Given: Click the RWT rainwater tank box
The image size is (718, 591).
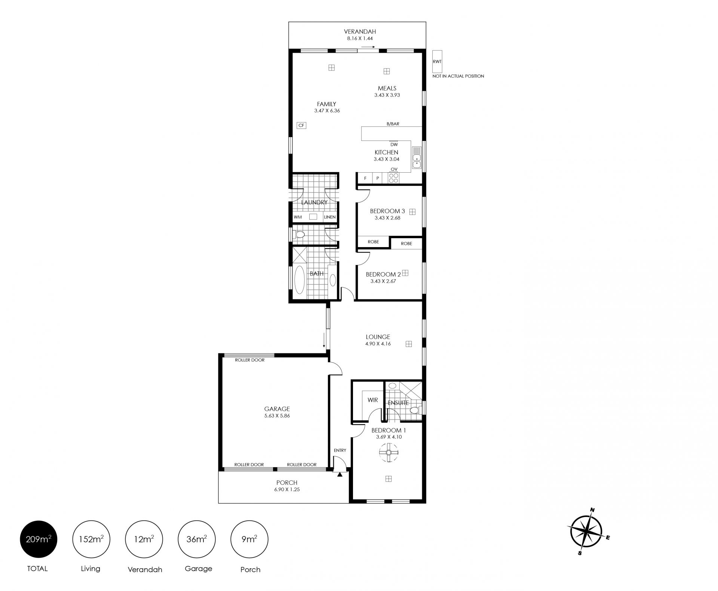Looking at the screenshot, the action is [x=437, y=62].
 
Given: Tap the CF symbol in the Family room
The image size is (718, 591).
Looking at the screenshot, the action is [x=301, y=125].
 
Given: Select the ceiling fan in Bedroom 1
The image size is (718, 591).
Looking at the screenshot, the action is [x=389, y=453].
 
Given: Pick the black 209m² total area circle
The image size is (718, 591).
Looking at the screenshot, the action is [x=39, y=539].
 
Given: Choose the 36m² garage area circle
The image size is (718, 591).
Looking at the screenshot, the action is [x=197, y=539].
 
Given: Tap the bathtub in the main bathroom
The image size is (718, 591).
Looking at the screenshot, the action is [x=300, y=280].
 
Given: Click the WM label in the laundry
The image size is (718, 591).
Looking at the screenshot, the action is [x=298, y=217].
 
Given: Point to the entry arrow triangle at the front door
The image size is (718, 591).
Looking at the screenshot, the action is [x=340, y=474].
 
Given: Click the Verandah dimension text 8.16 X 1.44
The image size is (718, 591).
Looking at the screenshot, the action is [x=360, y=38].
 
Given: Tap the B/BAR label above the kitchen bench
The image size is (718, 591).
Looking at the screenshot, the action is [x=393, y=124].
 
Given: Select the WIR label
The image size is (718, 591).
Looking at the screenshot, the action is [x=372, y=400].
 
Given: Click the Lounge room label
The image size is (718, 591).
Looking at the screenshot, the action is [x=378, y=337].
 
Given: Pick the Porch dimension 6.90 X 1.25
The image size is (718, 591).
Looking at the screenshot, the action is [x=287, y=489].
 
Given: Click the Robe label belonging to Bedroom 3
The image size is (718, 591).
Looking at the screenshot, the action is [x=373, y=242].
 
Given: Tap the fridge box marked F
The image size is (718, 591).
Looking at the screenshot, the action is [x=365, y=178].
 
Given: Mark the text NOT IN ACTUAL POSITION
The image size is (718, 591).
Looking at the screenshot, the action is [x=458, y=76].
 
